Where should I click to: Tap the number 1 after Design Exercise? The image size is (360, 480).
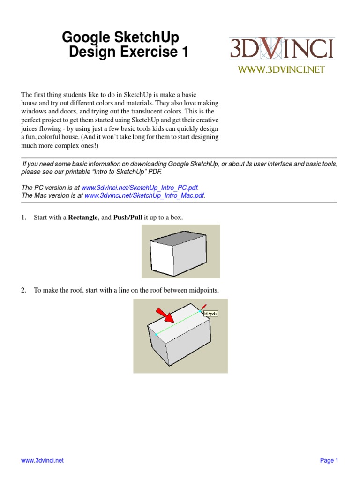[184, 52]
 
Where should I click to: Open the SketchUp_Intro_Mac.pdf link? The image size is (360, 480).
[144, 195]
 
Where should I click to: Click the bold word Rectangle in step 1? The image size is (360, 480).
[83, 218]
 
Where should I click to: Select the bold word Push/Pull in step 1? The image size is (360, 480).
[127, 218]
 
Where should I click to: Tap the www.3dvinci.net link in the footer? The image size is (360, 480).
[42, 460]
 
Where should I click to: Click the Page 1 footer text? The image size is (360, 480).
[329, 460]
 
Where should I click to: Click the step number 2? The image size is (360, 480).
[23, 291]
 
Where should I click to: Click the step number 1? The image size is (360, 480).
[23, 218]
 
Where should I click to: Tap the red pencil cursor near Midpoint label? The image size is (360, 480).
[204, 307]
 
